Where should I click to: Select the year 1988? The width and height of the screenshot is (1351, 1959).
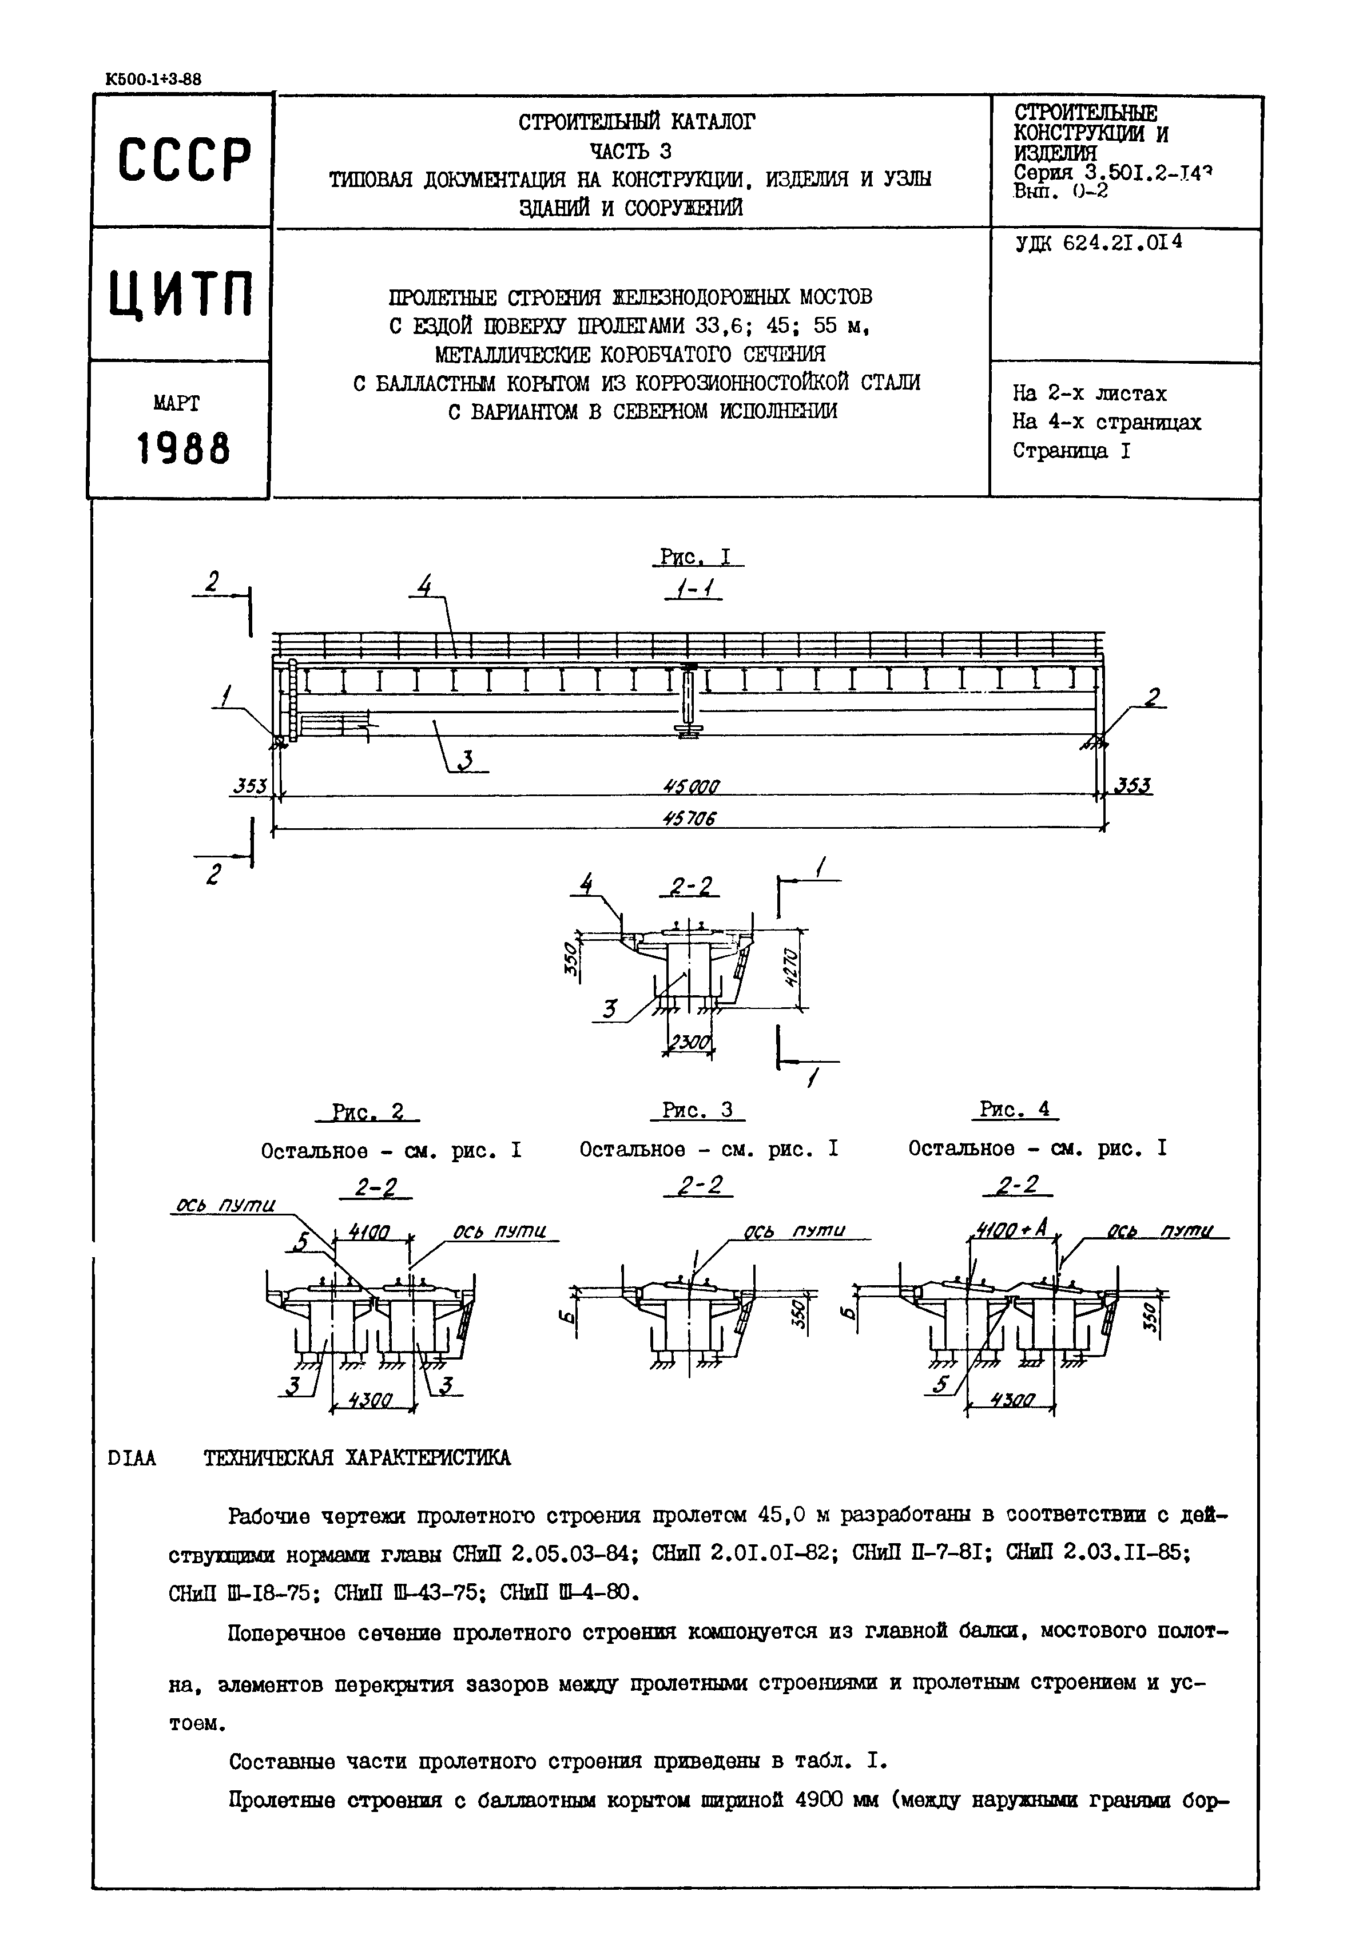click(183, 448)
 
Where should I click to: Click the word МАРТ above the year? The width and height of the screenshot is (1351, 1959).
click(177, 404)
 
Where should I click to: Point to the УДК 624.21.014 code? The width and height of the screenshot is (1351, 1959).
click(1098, 243)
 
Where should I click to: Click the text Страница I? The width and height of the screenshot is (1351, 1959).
click(1071, 451)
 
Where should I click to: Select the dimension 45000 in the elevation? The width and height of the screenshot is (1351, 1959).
click(691, 786)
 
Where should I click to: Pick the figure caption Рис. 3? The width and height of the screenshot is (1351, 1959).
click(697, 1110)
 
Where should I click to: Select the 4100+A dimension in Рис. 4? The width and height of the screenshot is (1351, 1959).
click(1011, 1230)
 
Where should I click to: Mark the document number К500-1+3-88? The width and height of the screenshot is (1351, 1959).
click(153, 80)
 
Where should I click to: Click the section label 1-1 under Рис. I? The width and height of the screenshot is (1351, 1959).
click(693, 589)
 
